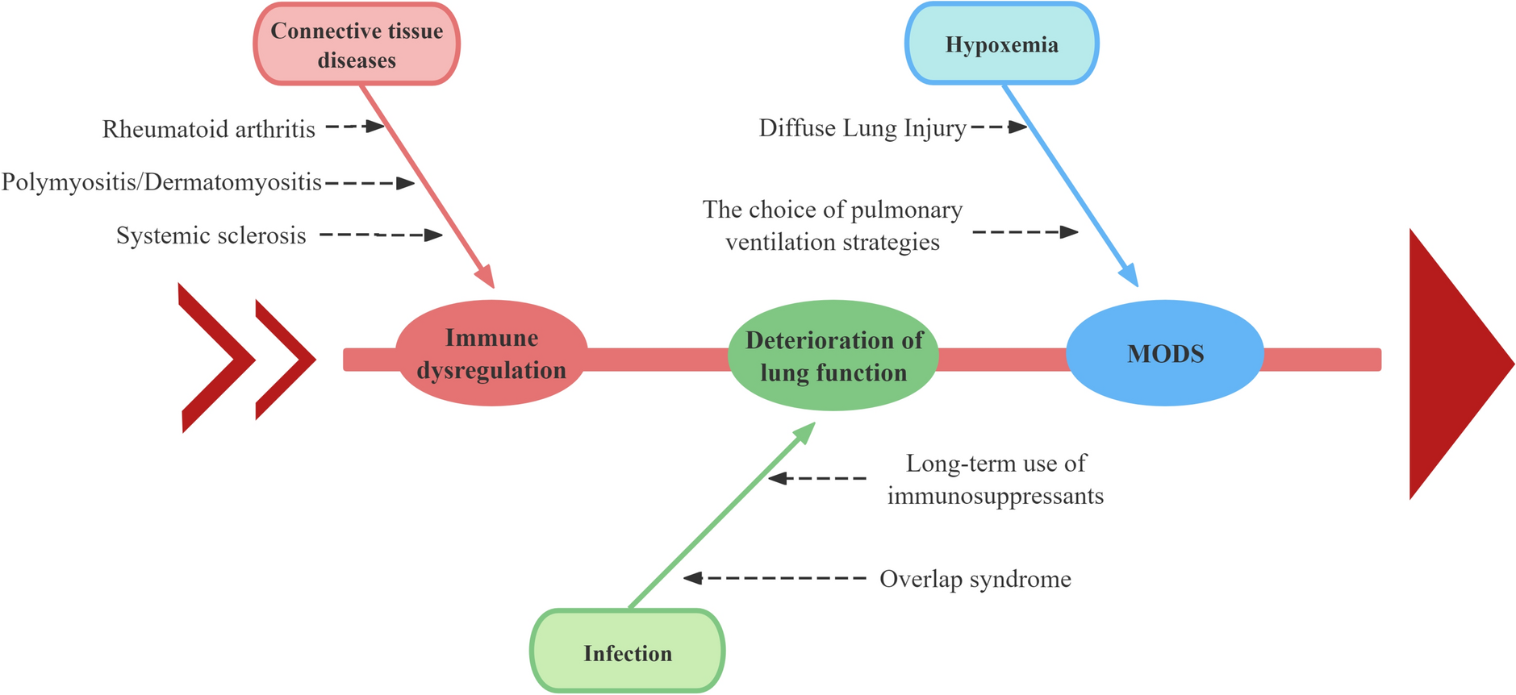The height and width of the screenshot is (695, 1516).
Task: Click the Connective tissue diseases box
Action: [357, 44]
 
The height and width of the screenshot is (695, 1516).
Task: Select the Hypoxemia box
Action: [1001, 44]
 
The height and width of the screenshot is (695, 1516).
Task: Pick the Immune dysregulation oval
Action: [491, 353]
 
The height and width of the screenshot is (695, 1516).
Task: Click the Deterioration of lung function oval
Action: [833, 356]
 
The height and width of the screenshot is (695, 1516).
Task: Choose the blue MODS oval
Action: [1164, 353]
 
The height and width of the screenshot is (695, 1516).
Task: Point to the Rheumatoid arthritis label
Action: [208, 129]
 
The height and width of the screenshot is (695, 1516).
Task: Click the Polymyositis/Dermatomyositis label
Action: [161, 182]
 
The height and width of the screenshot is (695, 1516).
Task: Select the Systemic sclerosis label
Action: [211, 235]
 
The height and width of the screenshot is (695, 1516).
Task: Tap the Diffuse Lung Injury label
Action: [862, 128]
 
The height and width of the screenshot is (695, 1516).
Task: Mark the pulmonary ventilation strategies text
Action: [832, 226]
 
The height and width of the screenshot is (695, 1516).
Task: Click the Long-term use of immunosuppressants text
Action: [995, 479]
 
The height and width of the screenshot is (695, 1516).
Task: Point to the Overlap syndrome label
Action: [975, 579]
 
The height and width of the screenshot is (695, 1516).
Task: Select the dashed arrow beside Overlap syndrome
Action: [775, 578]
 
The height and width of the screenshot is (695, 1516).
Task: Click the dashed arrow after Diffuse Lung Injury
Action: [999, 127]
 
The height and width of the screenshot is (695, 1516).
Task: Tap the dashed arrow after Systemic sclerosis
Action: [382, 235]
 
